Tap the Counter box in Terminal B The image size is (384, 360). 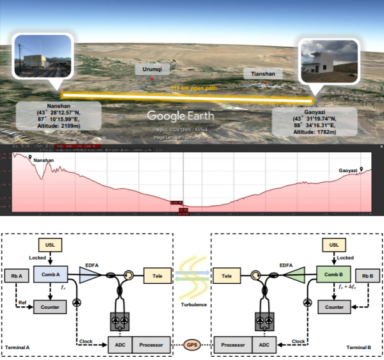point(334,307)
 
